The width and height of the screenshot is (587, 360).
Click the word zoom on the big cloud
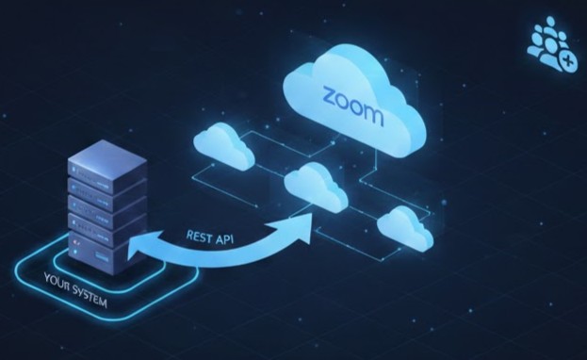click(352, 106)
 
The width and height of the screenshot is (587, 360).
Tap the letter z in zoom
click(331, 97)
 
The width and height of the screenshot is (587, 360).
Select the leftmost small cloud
click(223, 146)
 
